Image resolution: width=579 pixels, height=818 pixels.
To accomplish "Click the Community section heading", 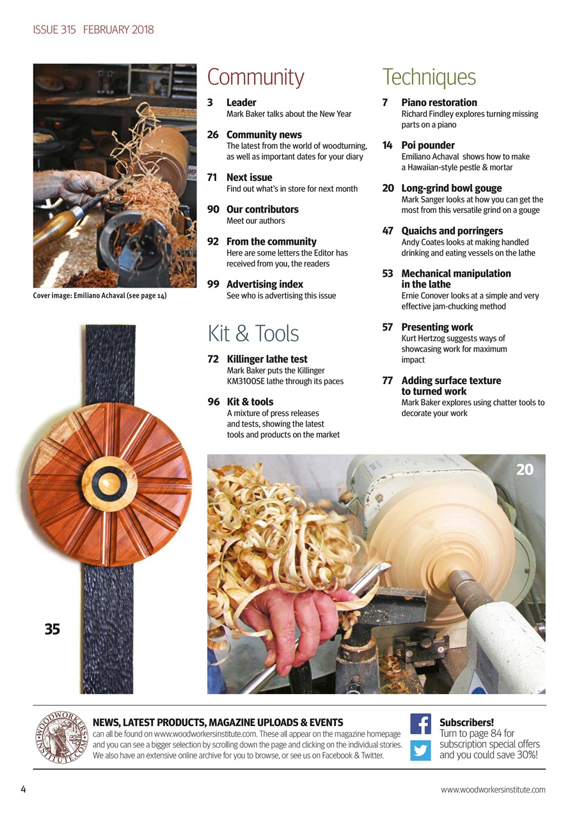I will pyautogui.click(x=255, y=77).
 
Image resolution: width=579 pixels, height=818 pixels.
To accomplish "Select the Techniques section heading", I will pyautogui.click(x=429, y=77).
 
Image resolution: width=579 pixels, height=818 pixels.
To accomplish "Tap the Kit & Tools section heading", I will pyautogui.click(x=253, y=334).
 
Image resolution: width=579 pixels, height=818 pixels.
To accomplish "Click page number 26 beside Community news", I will pyautogui.click(x=213, y=135).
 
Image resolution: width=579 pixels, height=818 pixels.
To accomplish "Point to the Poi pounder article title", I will pyautogui.click(x=428, y=145).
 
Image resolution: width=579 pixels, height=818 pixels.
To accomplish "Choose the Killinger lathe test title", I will pyautogui.click(x=267, y=359).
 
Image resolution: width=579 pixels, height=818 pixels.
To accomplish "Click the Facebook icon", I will pyautogui.click(x=420, y=723).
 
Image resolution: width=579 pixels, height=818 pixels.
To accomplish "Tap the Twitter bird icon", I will pyautogui.click(x=420, y=749).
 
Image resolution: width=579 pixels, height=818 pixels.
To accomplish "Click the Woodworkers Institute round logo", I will pyautogui.click(x=61, y=737).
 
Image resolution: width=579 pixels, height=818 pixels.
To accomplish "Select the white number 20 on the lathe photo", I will pyautogui.click(x=525, y=470).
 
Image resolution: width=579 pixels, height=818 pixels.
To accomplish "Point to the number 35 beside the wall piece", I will pyautogui.click(x=52, y=629).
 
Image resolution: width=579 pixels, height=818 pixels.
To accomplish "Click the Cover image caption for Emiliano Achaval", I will pyautogui.click(x=100, y=296).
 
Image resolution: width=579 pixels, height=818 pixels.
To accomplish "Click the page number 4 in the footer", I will pyautogui.click(x=24, y=789).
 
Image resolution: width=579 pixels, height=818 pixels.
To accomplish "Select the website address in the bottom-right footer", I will pyautogui.click(x=493, y=789).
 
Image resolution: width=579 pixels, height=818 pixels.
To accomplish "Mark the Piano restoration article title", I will pyautogui.click(x=439, y=102).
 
